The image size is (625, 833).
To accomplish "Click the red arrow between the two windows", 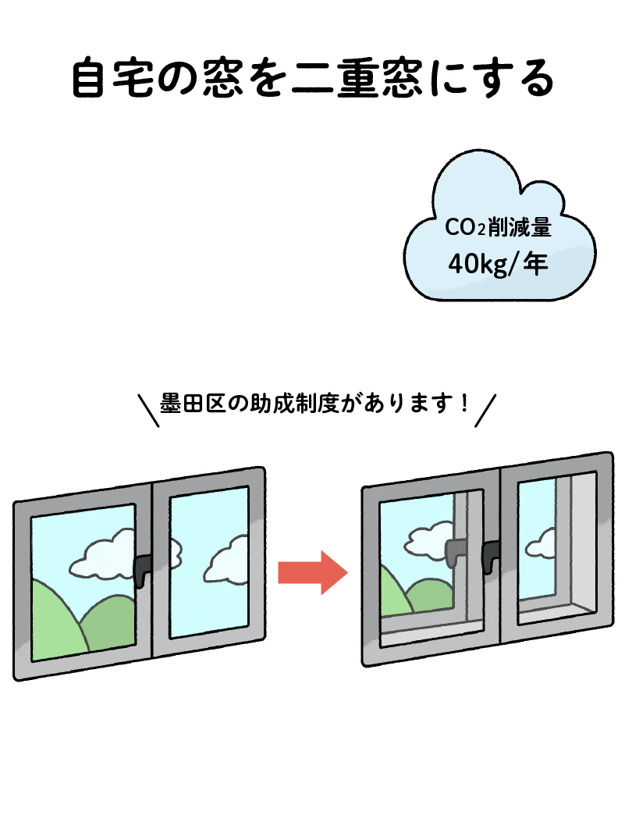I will tap(311, 572).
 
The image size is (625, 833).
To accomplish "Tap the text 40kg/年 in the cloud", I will tap(498, 264).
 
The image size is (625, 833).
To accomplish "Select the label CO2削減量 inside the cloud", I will tap(498, 229).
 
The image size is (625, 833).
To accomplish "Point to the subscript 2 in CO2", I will tap(481, 231).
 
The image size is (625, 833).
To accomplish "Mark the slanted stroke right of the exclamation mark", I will tap(486, 411).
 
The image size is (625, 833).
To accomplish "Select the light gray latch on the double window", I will tap(455, 551).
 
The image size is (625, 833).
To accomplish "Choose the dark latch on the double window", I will tap(492, 554).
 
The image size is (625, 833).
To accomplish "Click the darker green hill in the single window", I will tap(109, 625).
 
